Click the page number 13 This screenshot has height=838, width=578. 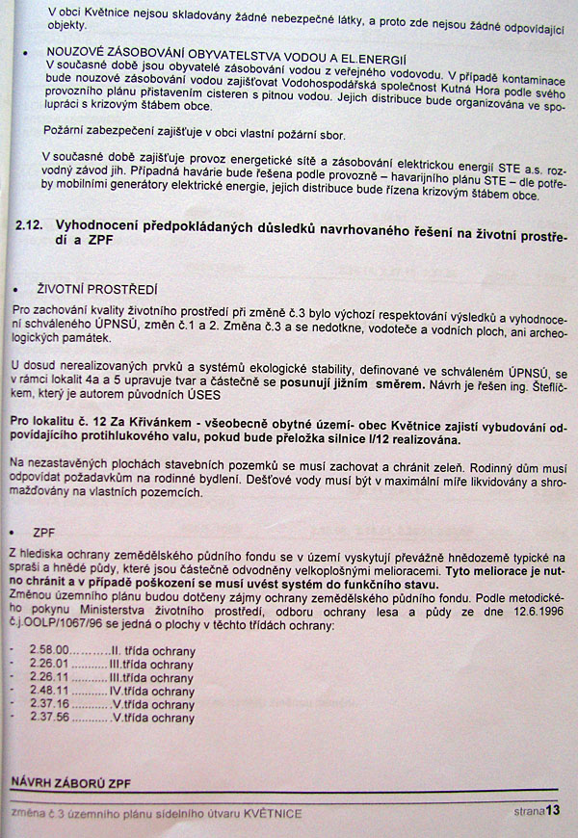click(552, 811)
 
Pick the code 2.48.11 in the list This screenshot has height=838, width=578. click(49, 691)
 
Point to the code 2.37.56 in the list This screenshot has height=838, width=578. click(49, 718)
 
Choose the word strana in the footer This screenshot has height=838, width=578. click(528, 813)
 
